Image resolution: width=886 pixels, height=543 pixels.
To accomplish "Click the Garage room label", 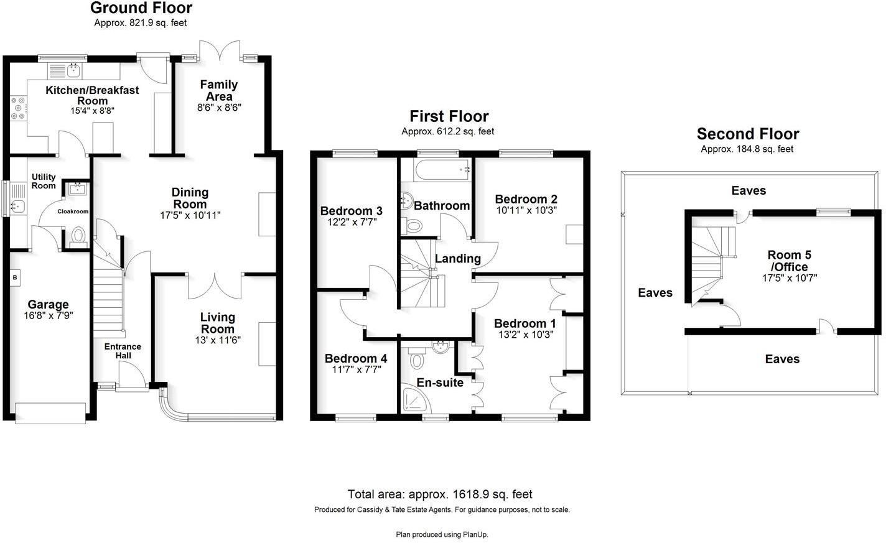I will (48, 305).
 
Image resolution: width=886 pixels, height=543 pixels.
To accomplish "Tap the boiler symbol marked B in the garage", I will (15, 277).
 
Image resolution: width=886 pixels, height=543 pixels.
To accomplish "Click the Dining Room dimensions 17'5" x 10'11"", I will (190, 215).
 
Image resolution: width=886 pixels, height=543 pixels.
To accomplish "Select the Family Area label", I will (218, 90).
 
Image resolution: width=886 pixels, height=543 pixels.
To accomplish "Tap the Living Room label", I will (217, 323).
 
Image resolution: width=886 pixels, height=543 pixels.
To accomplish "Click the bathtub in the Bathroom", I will (436, 170).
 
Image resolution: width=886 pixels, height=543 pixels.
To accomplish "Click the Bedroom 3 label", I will (351, 211).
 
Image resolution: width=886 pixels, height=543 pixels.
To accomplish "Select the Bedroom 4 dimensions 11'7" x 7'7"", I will (355, 369).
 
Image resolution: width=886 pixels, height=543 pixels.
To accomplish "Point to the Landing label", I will (457, 259).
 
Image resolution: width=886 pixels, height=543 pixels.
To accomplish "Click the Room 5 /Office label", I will (789, 261).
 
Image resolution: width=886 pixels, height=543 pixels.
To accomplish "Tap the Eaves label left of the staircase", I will (655, 292).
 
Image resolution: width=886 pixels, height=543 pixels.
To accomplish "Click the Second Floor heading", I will (747, 134).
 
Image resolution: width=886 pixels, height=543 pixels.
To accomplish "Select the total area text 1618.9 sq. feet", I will (440, 494).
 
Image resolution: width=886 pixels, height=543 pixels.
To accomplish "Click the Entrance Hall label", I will (123, 351).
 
